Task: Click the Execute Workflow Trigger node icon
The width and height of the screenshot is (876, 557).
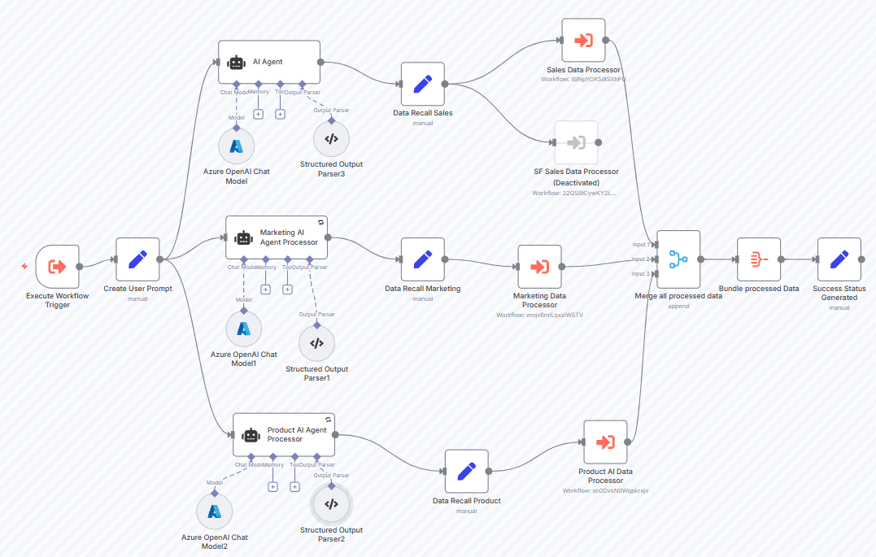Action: tap(57, 266)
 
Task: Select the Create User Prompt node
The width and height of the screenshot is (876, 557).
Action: tap(137, 259)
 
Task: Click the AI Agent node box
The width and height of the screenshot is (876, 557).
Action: tap(269, 62)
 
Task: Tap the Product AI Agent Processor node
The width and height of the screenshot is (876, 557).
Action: tap(284, 435)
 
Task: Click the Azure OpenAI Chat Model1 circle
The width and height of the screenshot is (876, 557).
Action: tap(243, 329)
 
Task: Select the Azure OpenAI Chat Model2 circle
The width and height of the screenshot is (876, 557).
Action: tap(215, 511)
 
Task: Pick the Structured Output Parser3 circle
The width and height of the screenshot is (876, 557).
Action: tap(331, 139)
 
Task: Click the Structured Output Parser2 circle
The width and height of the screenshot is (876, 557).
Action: tap(331, 504)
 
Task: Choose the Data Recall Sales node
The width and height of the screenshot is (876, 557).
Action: tap(422, 84)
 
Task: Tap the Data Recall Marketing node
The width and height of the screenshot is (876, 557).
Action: tap(422, 259)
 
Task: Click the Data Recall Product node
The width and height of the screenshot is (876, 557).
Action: tap(466, 471)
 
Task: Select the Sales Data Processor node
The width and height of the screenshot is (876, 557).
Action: tap(583, 40)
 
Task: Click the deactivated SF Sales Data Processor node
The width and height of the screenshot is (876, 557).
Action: tap(576, 142)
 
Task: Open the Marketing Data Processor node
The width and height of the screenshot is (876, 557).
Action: tap(539, 266)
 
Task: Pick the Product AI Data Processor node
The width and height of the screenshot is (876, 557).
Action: tap(605, 442)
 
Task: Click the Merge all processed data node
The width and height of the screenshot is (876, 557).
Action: tap(678, 259)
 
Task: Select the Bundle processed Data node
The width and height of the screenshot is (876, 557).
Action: tap(758, 259)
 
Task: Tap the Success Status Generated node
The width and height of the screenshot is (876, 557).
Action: tap(839, 259)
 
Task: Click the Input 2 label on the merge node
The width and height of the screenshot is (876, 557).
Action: tap(641, 259)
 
